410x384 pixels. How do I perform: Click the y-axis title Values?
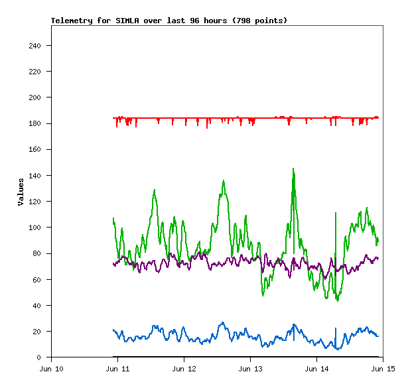21,191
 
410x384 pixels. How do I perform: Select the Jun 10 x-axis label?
52,368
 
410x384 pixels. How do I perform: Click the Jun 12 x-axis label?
184,368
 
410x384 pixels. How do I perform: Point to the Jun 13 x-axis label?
250,368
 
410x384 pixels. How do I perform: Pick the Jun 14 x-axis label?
316,368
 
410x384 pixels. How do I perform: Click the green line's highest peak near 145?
293,169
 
